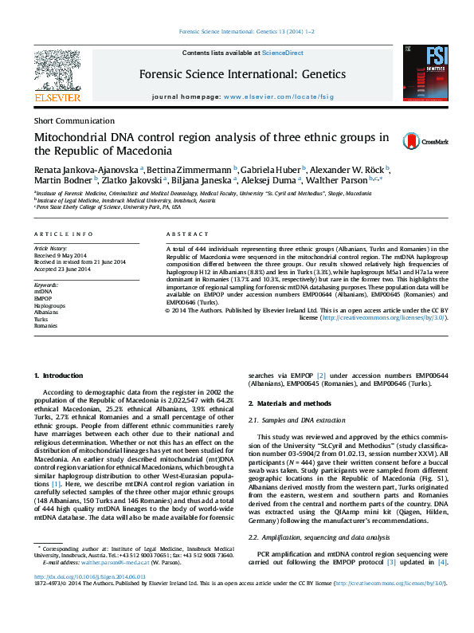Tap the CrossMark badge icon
[425, 141]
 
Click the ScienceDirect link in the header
[282, 53]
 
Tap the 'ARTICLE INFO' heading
[64, 233]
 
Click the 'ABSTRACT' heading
[185, 233]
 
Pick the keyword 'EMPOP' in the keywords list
[43, 298]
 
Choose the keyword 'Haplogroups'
[49, 305]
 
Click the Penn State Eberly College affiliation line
[108, 206]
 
